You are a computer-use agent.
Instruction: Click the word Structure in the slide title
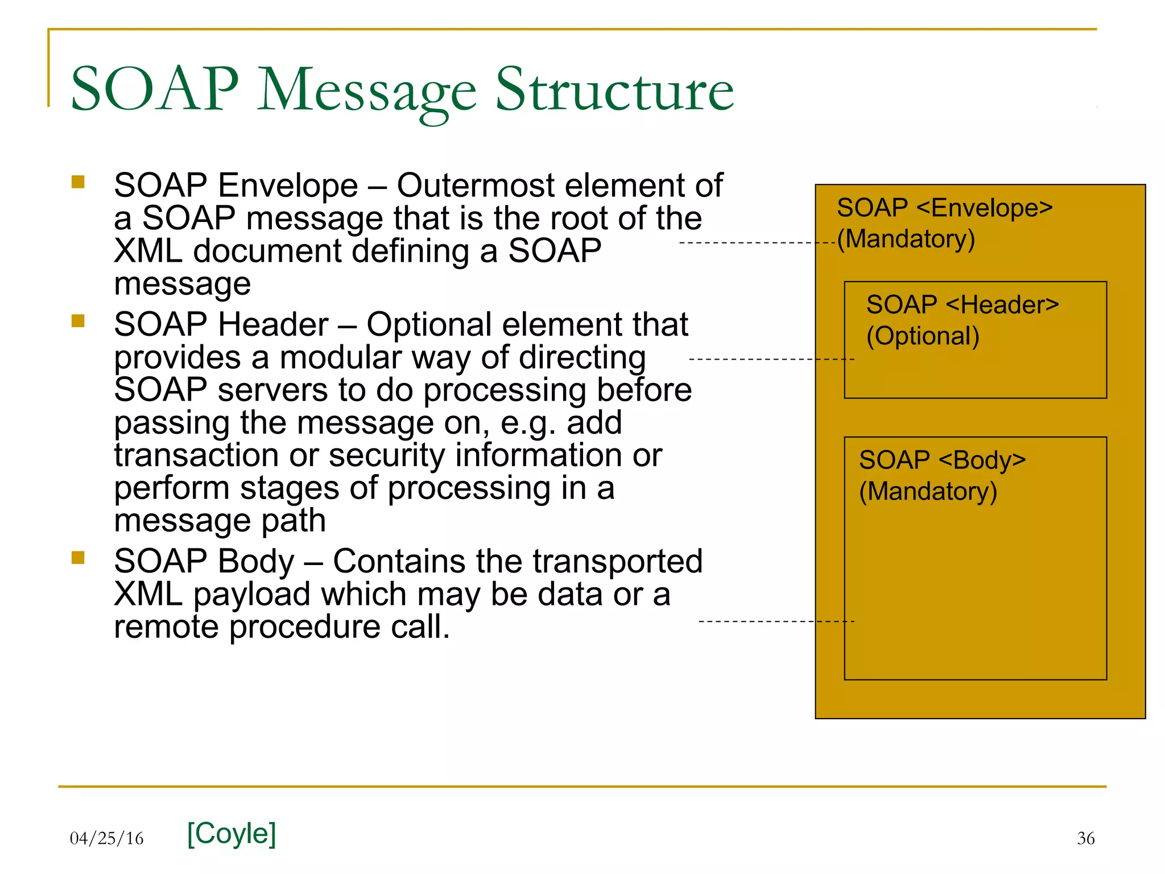coord(614,90)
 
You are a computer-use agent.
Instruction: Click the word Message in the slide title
coord(367,91)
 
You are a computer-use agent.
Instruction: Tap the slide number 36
coord(1085,838)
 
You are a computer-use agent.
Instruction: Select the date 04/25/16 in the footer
coord(106,838)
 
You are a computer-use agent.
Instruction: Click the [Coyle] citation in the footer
coord(232,834)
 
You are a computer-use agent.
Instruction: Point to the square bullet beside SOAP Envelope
coord(78,182)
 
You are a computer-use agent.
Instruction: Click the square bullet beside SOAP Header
coord(78,321)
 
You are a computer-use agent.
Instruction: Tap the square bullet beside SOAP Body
coord(78,558)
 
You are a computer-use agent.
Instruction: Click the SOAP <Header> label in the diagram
coord(962,305)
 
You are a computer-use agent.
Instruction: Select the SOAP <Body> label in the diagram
coord(942,460)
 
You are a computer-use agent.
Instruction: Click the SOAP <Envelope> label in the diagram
coord(944,208)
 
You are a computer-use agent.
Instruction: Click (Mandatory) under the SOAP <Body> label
coord(928,492)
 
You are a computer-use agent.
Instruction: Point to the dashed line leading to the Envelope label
coord(757,244)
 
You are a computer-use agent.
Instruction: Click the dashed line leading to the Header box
coord(771,360)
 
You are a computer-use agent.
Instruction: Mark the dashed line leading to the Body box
coord(776,621)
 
